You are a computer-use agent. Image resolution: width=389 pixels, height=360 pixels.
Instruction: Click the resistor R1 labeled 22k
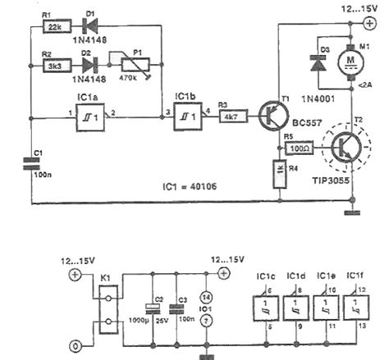(56, 28)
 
